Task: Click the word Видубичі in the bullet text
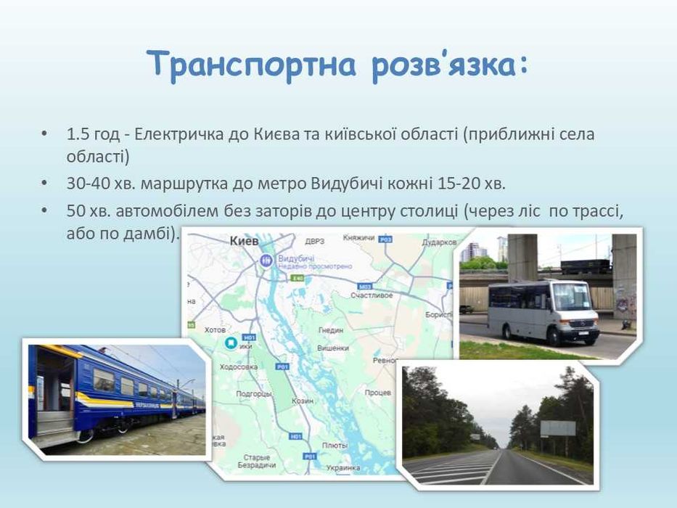pos(341,183)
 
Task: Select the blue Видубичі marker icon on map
pos(266,261)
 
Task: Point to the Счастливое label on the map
pos(372,295)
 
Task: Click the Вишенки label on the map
pos(333,348)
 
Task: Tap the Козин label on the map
pos(302,400)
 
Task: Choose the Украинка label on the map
pos(343,467)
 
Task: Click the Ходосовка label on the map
pos(239,367)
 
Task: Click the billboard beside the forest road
pos(558,427)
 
